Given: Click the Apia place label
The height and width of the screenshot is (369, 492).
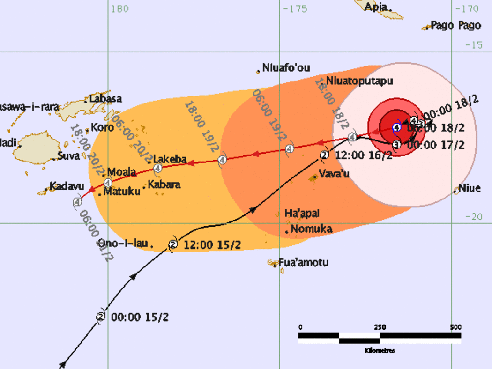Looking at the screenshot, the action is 376,7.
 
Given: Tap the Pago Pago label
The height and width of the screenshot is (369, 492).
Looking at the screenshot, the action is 455,25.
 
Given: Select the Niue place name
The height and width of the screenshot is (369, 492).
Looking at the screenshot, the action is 469,189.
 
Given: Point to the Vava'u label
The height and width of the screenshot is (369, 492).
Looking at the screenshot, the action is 334,174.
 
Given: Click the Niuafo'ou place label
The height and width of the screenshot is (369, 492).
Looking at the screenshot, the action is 286,68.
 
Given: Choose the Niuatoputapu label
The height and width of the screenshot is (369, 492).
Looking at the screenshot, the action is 359,81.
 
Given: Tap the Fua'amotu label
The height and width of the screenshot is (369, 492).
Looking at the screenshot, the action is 303,263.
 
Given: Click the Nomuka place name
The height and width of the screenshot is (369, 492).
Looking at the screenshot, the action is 311,229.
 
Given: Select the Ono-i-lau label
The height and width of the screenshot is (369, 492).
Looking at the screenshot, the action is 123,244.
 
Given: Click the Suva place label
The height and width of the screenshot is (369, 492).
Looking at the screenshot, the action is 68,156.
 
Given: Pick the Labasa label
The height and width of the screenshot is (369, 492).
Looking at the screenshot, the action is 105,99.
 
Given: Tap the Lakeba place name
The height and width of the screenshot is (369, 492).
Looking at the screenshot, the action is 170,158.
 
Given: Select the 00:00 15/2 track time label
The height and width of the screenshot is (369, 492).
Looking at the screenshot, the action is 134,317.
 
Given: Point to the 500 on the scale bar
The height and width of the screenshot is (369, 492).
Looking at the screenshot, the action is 455,327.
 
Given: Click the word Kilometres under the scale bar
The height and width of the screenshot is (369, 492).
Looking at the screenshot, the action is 380,350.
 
